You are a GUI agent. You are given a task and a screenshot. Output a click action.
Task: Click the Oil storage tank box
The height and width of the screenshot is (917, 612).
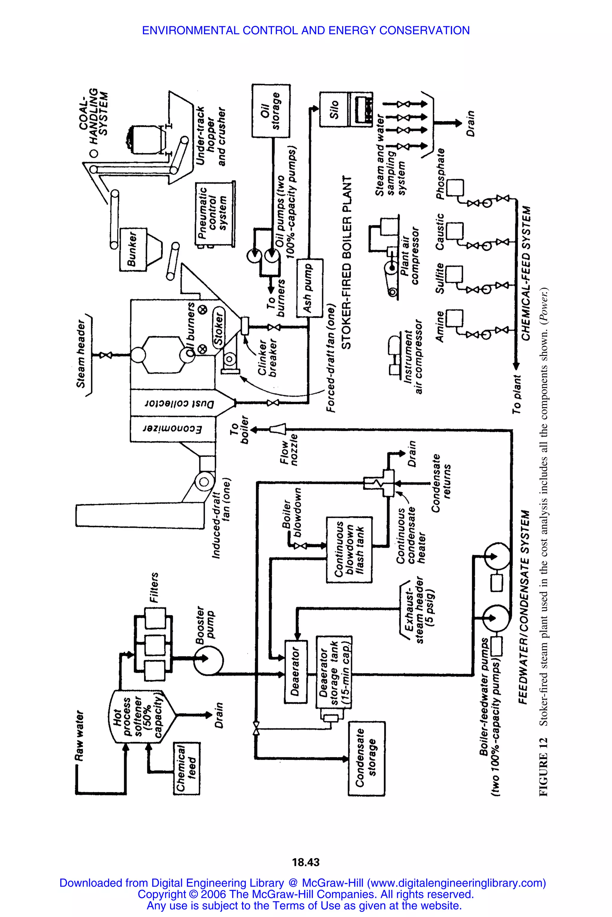click(x=270, y=111)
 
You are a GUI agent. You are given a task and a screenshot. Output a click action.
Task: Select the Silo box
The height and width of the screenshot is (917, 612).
click(x=334, y=110)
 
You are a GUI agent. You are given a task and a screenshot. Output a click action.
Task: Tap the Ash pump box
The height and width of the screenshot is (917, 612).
click(x=310, y=288)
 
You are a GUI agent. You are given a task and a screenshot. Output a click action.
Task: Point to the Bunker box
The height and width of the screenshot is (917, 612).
click(x=133, y=250)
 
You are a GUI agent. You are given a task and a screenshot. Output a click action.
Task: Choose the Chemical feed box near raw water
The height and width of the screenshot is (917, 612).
click(x=186, y=768)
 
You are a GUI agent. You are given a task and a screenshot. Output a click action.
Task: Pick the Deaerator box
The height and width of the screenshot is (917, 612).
click(x=296, y=671)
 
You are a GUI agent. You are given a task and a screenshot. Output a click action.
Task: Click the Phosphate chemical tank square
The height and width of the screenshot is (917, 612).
click(x=455, y=187)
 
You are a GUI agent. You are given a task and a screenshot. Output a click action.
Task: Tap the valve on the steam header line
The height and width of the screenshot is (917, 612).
click(x=106, y=355)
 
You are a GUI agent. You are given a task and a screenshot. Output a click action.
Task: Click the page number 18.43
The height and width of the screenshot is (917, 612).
click(x=306, y=862)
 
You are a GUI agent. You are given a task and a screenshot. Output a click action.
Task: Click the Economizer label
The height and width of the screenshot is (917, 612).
click(x=172, y=429)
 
